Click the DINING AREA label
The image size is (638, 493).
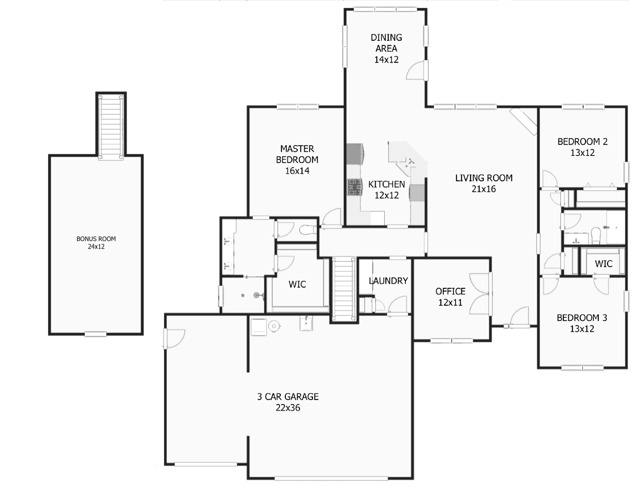point(386,43)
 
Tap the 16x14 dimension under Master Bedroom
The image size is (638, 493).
point(297,171)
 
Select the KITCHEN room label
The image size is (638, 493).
point(387,184)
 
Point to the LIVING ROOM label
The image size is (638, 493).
point(484,178)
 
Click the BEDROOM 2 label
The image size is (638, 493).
point(582,142)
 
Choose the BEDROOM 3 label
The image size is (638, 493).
point(582,318)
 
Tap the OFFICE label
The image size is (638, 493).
point(450,292)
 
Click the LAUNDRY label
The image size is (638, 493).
point(388,281)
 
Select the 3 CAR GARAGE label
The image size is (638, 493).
point(288,397)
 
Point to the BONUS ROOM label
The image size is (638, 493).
point(96,239)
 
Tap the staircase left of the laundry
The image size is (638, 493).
point(344,288)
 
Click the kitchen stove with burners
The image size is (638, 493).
point(355,187)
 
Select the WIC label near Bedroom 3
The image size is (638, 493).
point(603,264)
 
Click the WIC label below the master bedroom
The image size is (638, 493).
point(297,284)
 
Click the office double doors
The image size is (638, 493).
point(480,293)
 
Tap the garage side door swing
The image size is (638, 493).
point(175,338)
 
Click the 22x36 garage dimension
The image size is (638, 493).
point(288,408)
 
